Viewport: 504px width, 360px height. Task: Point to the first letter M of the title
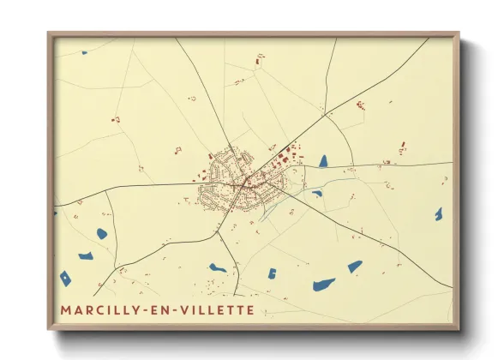coord(66,309)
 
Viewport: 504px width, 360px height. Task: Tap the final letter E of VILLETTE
coord(250,309)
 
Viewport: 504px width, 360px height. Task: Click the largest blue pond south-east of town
coord(324,284)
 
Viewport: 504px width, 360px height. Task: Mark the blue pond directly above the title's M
coord(65,278)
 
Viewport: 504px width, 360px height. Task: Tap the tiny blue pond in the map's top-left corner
coord(85,53)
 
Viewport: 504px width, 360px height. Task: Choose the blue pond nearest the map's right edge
coord(439,213)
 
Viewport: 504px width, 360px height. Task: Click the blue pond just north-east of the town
coord(323,160)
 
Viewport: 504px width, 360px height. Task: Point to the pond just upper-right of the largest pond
coord(355,267)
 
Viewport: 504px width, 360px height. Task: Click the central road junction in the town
coord(245,182)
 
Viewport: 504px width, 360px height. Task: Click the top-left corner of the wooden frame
coord(49,33)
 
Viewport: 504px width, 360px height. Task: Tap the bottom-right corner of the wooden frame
coord(459,329)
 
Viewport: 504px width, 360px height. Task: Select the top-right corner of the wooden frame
coord(459,33)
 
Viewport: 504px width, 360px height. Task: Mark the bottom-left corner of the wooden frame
coord(49,329)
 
